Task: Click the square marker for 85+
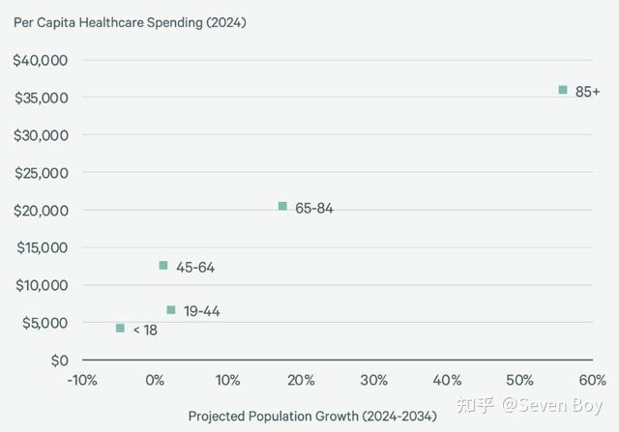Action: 563,90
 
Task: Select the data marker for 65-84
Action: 282,206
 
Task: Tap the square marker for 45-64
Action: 163,265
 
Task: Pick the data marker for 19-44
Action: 171,310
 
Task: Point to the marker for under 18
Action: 120,329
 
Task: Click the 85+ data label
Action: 588,92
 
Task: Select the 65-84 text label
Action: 314,208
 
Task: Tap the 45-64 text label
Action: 195,267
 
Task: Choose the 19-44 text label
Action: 203,311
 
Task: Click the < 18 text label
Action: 145,330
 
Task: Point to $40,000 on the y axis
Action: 41,60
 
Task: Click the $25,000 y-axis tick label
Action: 41,173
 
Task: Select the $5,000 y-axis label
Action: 44,323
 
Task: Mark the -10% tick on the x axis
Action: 81,380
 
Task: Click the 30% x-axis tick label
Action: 373,380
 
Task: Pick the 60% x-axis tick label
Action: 592,380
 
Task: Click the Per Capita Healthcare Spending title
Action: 130,22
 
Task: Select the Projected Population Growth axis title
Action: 312,416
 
